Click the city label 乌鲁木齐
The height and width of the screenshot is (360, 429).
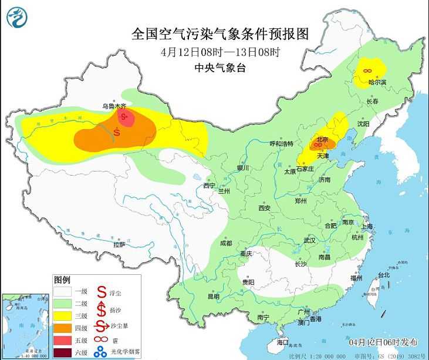[x=114, y=106]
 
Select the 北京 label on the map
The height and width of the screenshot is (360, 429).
[x=321, y=139]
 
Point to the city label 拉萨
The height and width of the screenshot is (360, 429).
[x=119, y=244]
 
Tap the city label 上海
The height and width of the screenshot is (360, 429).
[x=367, y=226]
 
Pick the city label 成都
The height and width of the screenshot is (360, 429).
[x=226, y=243]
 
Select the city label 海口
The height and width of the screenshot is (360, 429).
[x=283, y=342]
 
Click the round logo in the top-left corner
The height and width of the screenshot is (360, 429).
[x=18, y=17]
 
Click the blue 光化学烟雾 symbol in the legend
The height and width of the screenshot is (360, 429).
[x=102, y=353]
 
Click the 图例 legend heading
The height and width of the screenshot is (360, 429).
[x=62, y=279]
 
